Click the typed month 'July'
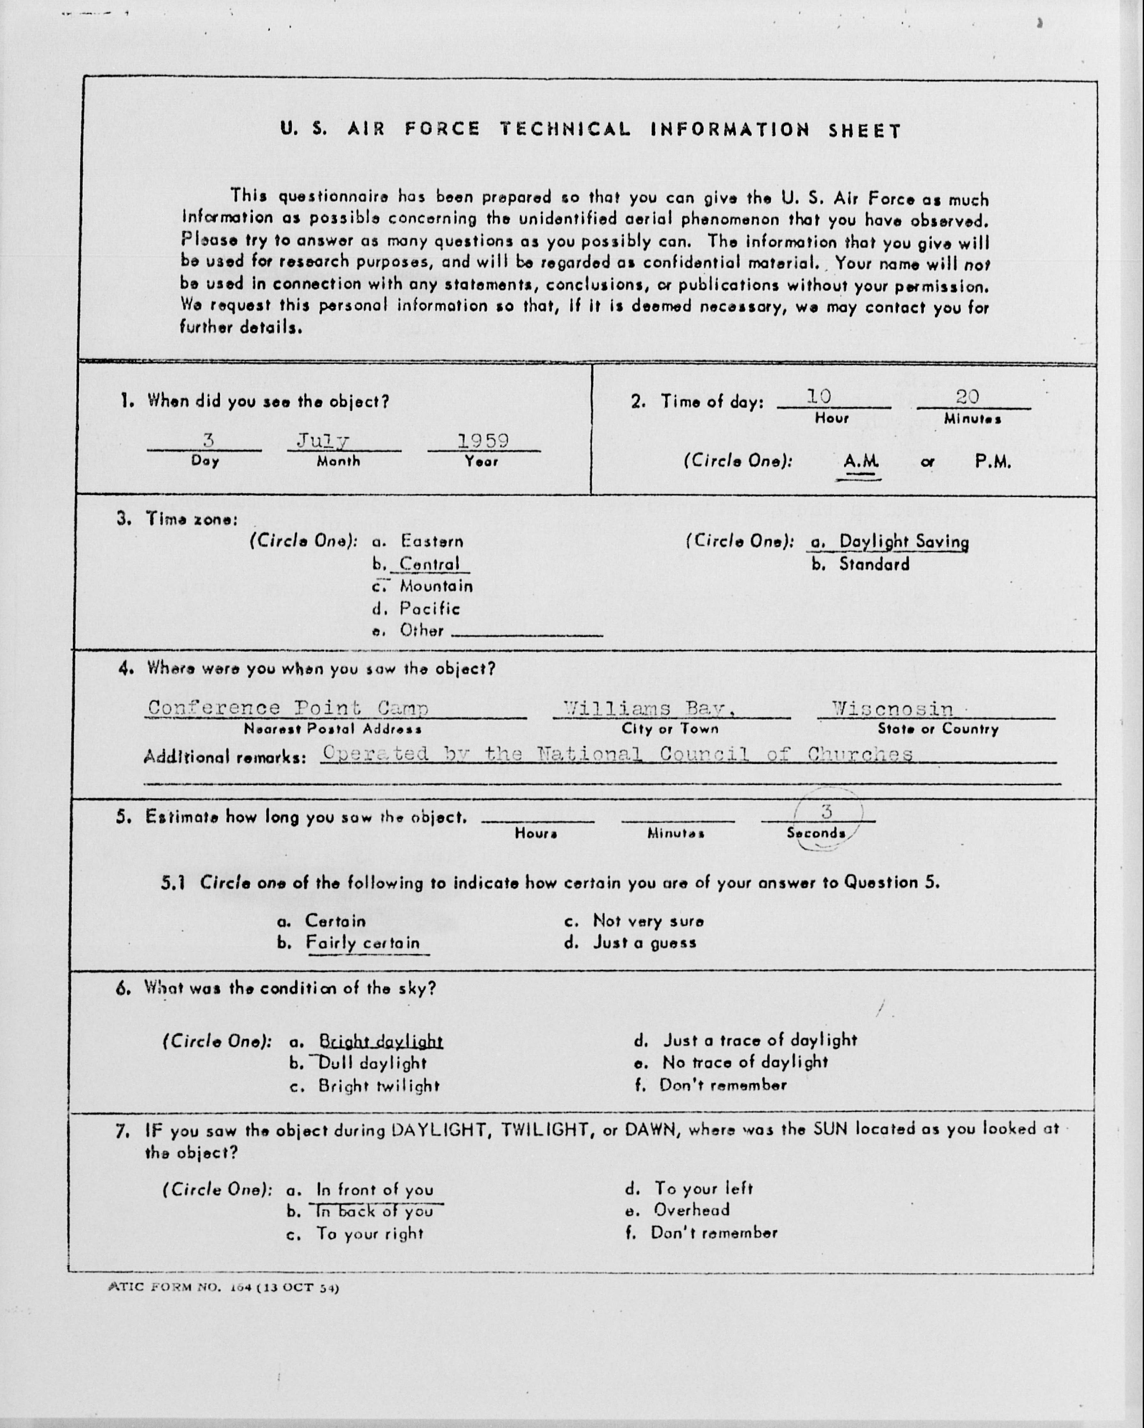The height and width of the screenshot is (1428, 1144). point(323,441)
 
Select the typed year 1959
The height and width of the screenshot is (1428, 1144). point(483,441)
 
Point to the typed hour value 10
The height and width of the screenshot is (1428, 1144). point(819,397)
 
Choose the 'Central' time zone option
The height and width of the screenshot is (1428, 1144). point(429,564)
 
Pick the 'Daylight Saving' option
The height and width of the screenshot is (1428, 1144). point(904,542)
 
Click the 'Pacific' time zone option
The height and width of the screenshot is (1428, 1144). point(429,608)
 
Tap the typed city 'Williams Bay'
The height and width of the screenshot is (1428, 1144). point(649,709)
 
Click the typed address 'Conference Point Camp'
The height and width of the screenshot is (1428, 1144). point(288,708)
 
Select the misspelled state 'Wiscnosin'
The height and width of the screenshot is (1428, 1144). point(892,709)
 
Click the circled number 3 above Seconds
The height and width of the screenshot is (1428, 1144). point(826,811)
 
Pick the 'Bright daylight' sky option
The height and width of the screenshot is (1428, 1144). point(380,1041)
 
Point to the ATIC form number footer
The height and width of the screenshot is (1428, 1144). point(223,1288)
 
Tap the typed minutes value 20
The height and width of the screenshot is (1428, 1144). point(967,397)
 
